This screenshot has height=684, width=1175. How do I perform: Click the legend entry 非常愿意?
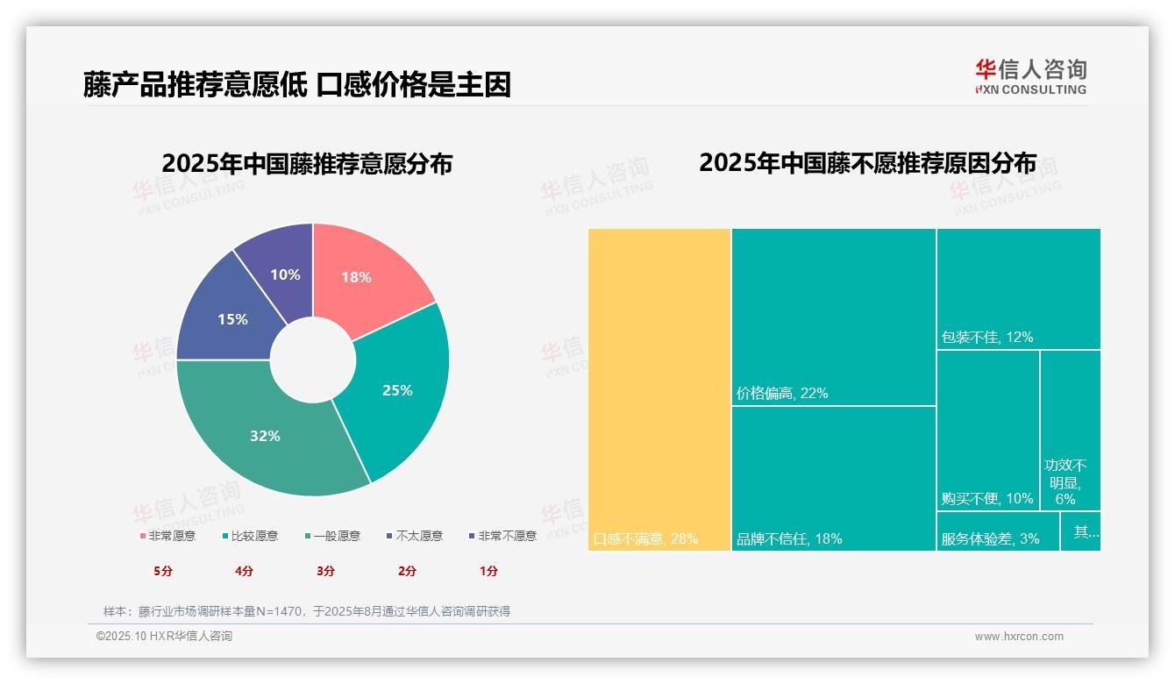tap(167, 536)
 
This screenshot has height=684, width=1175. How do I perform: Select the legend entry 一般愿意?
tap(332, 536)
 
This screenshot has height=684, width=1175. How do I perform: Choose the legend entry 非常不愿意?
tap(502, 536)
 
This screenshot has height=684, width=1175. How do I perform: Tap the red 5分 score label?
tap(163, 571)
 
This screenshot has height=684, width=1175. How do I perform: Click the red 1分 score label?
tap(488, 571)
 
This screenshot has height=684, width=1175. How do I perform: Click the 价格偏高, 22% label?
tap(782, 394)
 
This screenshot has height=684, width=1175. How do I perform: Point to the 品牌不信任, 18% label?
tap(789, 538)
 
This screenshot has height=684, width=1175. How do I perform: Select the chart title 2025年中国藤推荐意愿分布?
tap(307, 164)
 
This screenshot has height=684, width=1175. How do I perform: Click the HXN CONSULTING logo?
tap(1030, 77)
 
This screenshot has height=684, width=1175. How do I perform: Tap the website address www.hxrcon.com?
tap(1019, 637)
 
